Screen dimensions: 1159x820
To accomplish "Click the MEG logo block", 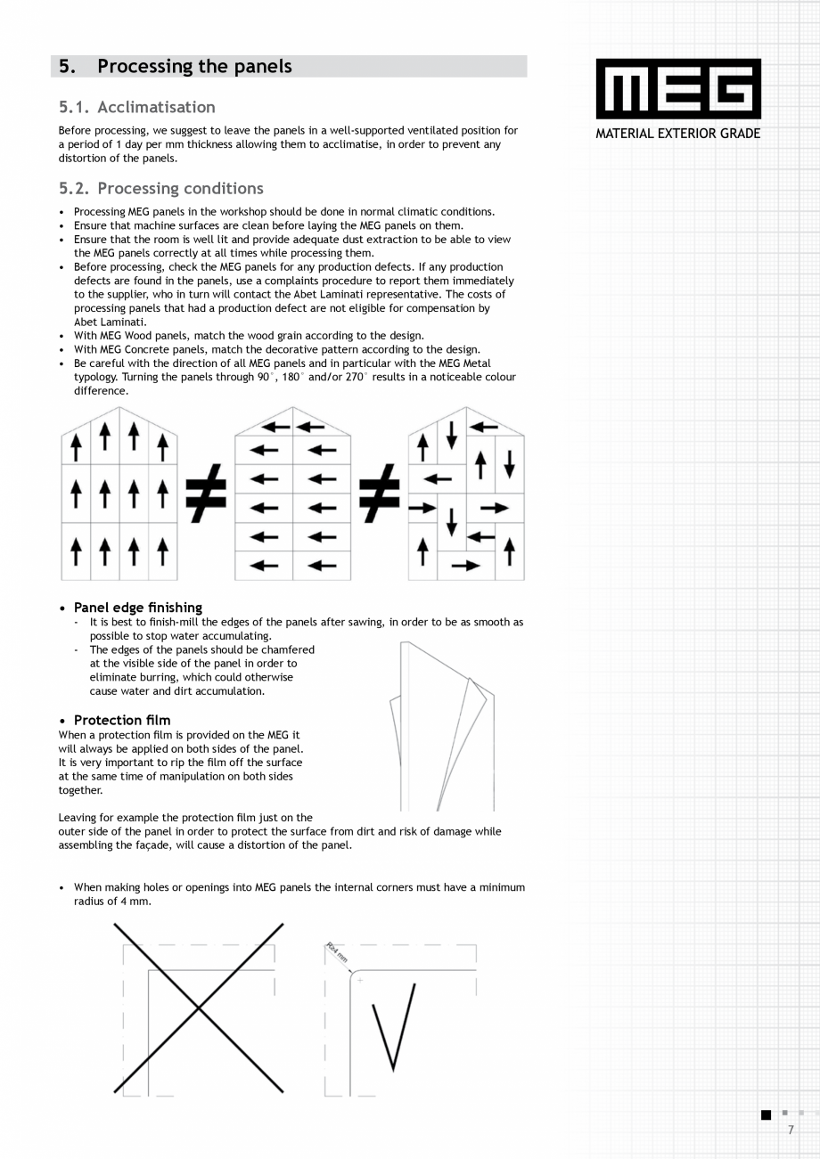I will [x=678, y=89].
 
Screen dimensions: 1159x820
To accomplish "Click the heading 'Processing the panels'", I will [x=194, y=67].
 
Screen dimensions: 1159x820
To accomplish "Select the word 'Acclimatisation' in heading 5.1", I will [x=156, y=108].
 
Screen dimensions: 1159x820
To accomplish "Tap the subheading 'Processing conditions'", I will [x=180, y=189].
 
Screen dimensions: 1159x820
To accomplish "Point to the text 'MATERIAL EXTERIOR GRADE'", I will [x=678, y=134].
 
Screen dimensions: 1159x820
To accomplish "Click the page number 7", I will [x=791, y=1130].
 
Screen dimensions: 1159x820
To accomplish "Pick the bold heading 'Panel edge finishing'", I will [x=138, y=608].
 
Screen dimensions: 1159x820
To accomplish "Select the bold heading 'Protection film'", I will [x=122, y=720].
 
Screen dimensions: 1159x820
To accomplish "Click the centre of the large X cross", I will [x=199, y=1008].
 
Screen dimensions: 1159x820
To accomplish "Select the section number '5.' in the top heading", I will [x=67, y=67].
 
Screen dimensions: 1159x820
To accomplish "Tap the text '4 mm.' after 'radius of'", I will [x=136, y=902].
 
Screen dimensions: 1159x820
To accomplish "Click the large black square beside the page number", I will [x=766, y=1115].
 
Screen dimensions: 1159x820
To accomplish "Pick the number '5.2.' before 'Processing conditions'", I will [x=74, y=189].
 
